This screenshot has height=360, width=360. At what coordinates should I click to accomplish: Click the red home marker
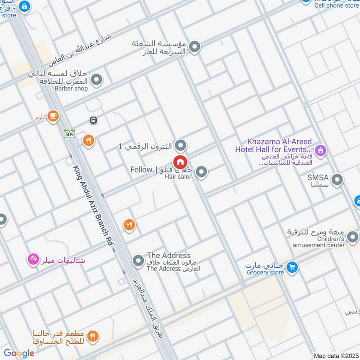click(x=180, y=162)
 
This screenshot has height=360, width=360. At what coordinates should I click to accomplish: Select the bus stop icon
click(x=93, y=120)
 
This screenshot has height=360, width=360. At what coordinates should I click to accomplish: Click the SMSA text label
click(x=318, y=178)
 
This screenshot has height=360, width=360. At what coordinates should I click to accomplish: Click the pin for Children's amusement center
click(x=353, y=235)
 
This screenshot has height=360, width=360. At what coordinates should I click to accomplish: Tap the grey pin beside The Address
click(x=138, y=261)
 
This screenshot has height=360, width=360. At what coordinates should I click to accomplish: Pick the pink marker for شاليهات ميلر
click(x=33, y=259)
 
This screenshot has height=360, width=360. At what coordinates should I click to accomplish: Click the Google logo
click(x=19, y=353)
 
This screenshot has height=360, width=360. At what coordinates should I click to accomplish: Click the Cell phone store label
click(x=336, y=6)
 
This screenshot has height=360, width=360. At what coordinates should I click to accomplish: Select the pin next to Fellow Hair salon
click(x=201, y=171)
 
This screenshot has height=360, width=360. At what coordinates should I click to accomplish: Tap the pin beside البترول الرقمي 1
click(x=180, y=145)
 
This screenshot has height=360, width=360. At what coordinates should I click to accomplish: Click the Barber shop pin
click(x=96, y=80)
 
